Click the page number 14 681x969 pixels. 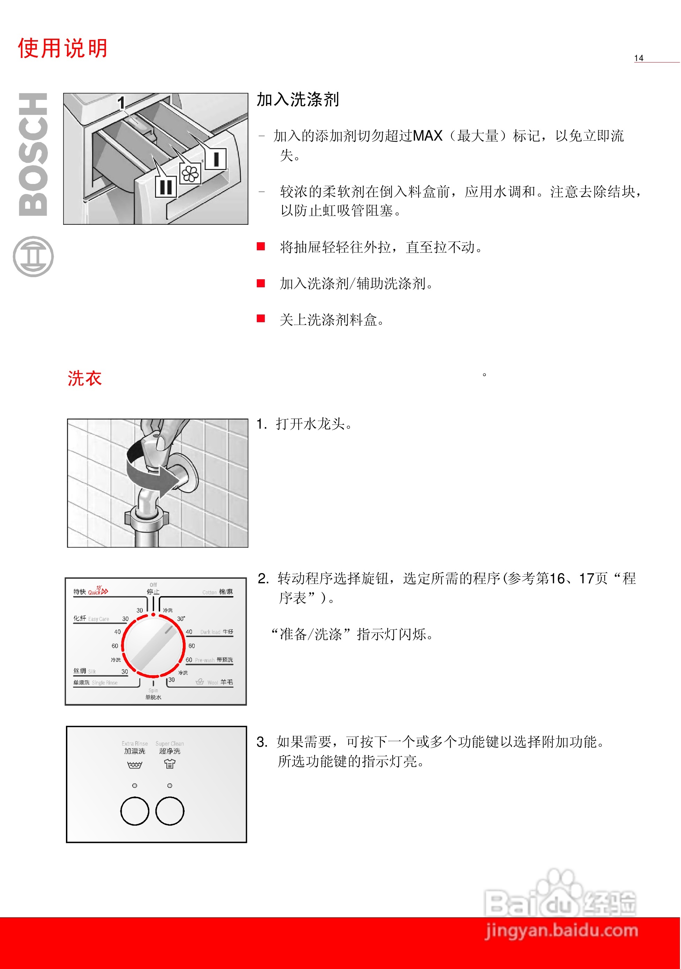(638, 58)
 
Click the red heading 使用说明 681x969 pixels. (62, 48)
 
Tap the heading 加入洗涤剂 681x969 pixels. (298, 99)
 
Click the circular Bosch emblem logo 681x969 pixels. (33, 257)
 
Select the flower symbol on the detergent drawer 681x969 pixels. (190, 173)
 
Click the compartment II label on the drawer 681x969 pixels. (166, 186)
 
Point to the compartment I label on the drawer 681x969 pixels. (216, 159)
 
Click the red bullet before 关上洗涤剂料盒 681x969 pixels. (261, 319)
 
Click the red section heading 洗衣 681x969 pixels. (84, 378)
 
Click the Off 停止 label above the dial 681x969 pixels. (153, 589)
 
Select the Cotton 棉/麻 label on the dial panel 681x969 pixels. (218, 592)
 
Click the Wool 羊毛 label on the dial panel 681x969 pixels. (220, 682)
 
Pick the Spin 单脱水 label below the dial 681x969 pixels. (153, 694)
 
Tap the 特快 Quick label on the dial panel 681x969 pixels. (90, 591)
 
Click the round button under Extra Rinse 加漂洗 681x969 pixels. (135, 811)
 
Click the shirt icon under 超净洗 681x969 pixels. (170, 763)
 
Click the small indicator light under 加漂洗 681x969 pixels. (135, 785)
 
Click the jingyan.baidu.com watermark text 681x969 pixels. (562, 931)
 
